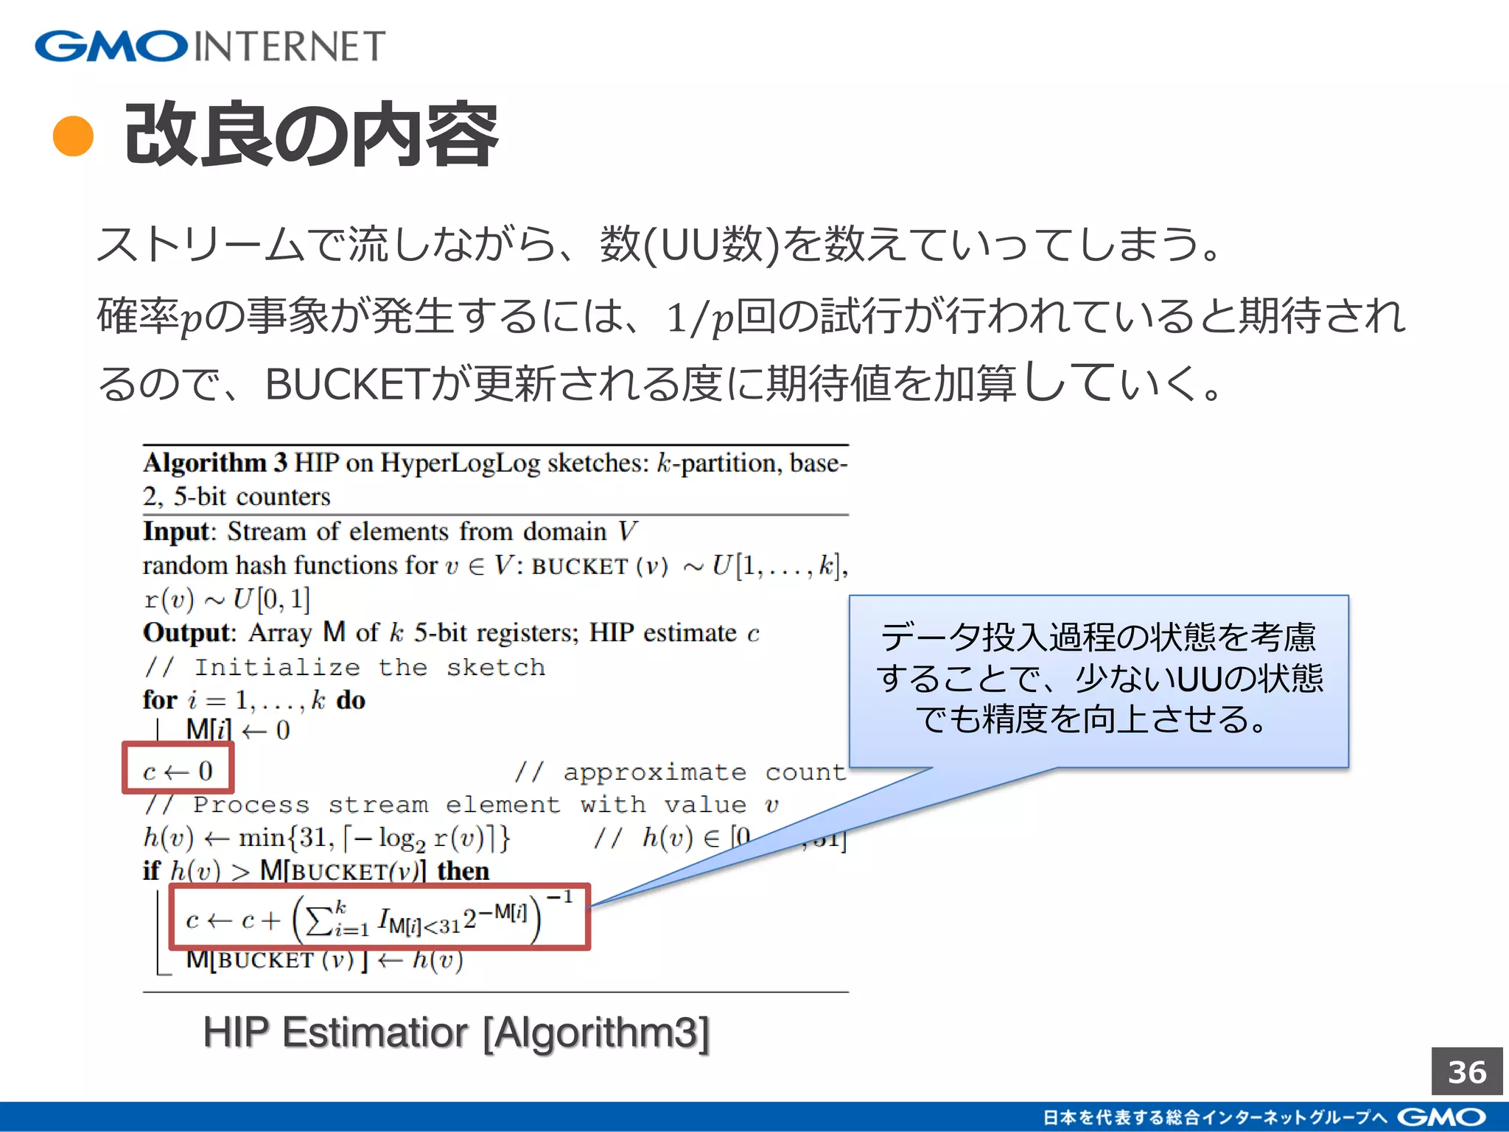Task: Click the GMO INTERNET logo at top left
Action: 210,46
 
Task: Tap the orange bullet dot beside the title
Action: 74,137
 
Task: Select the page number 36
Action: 1466,1072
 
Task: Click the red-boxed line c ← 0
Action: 178,769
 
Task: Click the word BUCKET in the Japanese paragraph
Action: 346,384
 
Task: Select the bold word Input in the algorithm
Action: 177,531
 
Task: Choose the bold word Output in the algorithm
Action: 188,633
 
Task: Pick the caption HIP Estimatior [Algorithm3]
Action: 456,1032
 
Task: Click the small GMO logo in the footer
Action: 1440,1117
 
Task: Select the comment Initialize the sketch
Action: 369,667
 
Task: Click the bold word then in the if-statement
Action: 463,871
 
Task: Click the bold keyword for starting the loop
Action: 160,700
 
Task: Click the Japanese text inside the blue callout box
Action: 1099,677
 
